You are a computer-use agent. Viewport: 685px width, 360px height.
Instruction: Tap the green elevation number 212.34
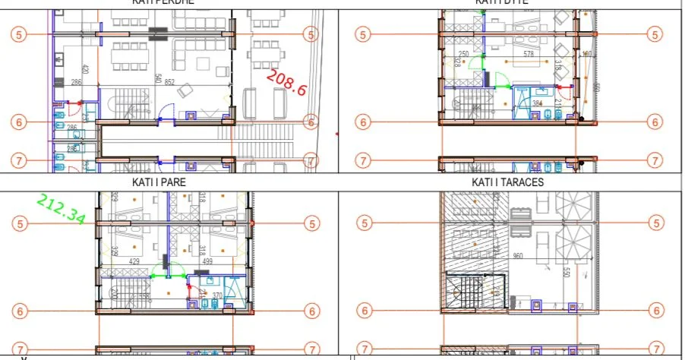[x=62, y=209]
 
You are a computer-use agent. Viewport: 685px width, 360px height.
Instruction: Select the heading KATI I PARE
[x=158, y=182]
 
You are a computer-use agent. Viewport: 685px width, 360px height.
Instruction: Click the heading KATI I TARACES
[x=507, y=182]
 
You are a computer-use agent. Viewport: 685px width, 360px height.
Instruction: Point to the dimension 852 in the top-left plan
[x=169, y=83]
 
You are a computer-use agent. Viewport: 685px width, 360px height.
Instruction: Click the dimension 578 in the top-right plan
[x=530, y=55]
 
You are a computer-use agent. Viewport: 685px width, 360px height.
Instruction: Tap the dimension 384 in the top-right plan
[x=537, y=103]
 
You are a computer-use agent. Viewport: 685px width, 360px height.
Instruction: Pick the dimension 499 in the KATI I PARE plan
[x=206, y=261]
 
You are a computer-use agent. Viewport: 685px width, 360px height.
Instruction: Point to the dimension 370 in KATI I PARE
[x=217, y=296]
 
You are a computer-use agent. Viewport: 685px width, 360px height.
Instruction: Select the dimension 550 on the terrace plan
[x=565, y=272]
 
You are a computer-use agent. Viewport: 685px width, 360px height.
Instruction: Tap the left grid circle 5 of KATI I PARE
[x=21, y=223]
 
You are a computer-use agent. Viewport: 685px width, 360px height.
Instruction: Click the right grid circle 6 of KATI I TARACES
[x=656, y=311]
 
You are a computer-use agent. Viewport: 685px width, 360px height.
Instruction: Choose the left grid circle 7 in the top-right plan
[x=364, y=161]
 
